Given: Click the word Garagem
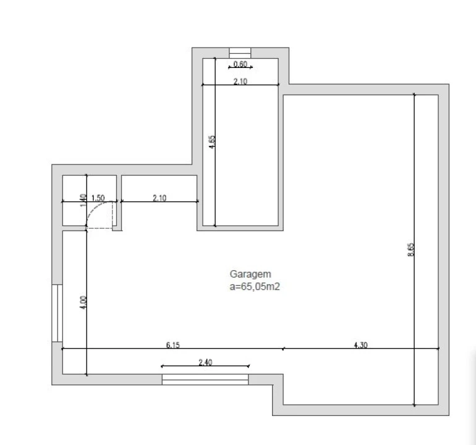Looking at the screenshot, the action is pyautogui.click(x=250, y=274).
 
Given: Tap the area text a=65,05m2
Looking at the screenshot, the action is pyautogui.click(x=255, y=287).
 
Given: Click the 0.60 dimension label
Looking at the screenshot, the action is pyautogui.click(x=240, y=64).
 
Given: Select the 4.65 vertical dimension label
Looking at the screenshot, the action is pyautogui.click(x=212, y=142).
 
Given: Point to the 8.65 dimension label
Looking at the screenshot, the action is pyautogui.click(x=410, y=250).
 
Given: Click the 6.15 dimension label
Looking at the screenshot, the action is pyautogui.click(x=173, y=345).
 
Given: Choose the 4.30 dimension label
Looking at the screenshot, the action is pyautogui.click(x=360, y=345).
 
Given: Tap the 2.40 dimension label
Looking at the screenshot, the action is pyautogui.click(x=205, y=362).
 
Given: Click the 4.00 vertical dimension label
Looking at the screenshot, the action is pyautogui.click(x=83, y=302).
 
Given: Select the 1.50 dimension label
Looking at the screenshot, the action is pyautogui.click(x=98, y=198).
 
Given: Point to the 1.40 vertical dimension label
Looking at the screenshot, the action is pyautogui.click(x=83, y=201).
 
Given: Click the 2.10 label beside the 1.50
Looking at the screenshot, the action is pyautogui.click(x=159, y=198).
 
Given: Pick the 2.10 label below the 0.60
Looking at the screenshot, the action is pyautogui.click(x=240, y=82).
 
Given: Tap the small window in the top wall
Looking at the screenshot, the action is pyautogui.click(x=240, y=53).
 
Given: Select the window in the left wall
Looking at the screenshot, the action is pyautogui.click(x=57, y=313).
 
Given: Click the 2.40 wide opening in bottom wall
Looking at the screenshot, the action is pyautogui.click(x=205, y=379).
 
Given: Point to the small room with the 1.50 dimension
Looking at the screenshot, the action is pyautogui.click(x=90, y=200).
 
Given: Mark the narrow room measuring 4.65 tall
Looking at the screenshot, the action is pyautogui.click(x=240, y=142).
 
